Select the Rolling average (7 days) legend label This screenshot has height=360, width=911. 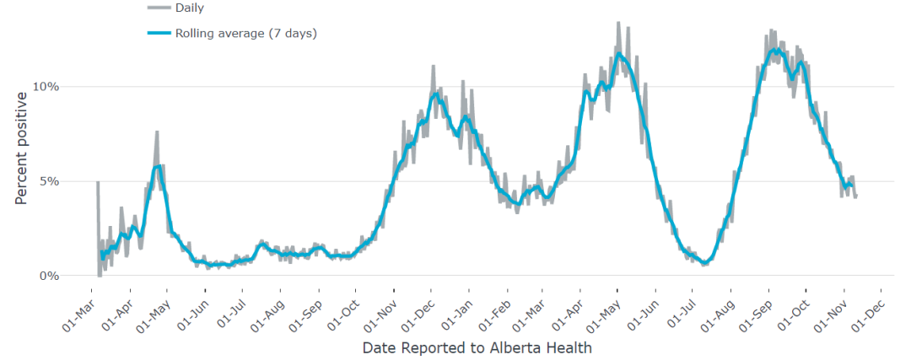click(x=245, y=33)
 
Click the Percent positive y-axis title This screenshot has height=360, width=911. click(x=21, y=148)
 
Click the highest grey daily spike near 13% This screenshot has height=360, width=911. click(x=618, y=23)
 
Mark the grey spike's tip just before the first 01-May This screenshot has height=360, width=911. click(x=157, y=132)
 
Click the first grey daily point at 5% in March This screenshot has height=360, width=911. click(x=97, y=182)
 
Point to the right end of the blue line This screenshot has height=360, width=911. click(x=853, y=186)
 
